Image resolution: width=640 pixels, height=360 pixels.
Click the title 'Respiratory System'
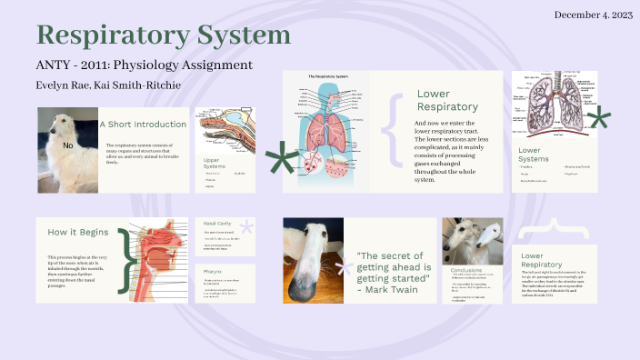click(164, 35)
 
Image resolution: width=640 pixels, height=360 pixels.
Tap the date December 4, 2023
click(592, 15)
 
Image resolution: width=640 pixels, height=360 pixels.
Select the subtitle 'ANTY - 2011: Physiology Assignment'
click(144, 65)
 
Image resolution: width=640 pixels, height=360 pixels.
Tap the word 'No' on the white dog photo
click(67, 145)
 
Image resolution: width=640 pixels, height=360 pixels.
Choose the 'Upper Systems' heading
click(215, 163)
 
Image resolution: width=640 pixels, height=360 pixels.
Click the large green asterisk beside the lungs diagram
click(281, 161)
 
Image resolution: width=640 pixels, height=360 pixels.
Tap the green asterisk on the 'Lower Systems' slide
click(598, 119)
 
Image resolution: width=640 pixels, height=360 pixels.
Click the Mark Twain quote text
click(392, 271)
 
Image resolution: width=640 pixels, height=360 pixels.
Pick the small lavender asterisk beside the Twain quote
click(344, 267)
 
